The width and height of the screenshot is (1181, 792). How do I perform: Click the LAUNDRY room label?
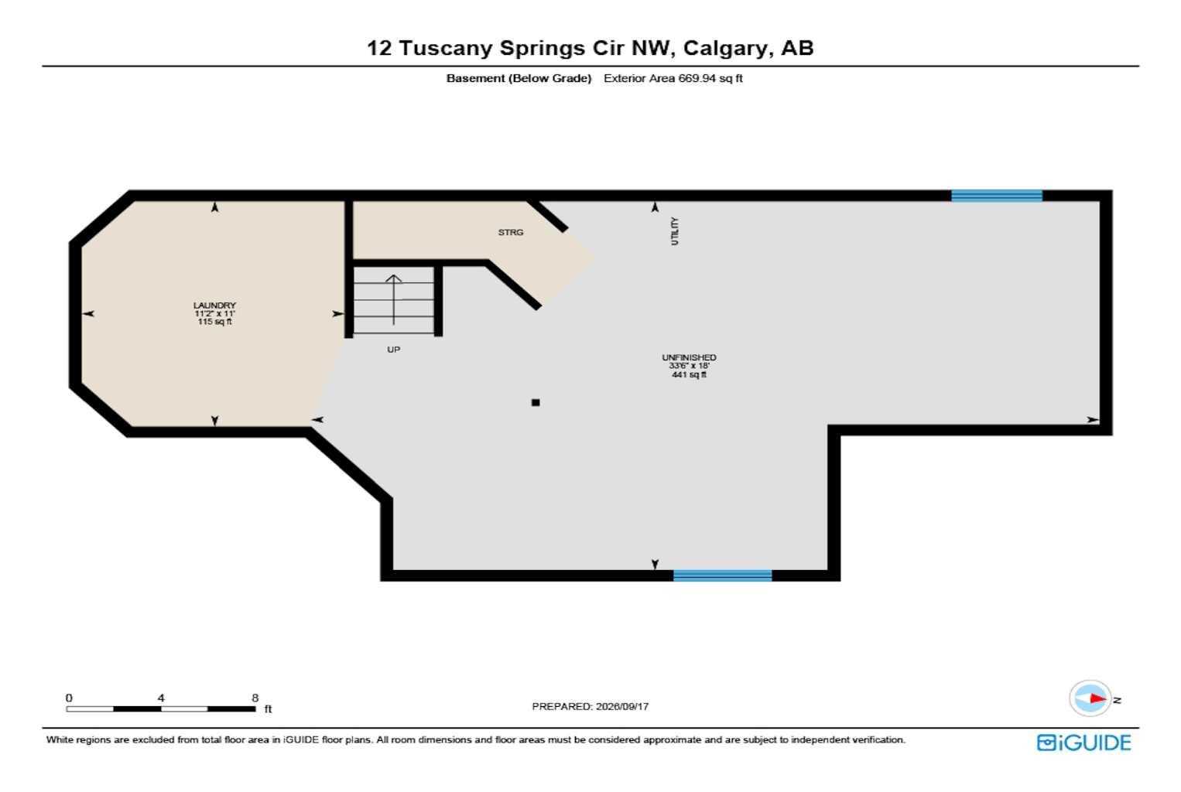click(214, 306)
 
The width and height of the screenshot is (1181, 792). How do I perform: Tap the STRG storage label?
click(511, 232)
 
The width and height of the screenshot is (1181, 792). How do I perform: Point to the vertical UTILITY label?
click(675, 231)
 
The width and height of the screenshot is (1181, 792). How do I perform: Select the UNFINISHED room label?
click(689, 358)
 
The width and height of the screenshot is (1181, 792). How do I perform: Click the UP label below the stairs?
click(394, 350)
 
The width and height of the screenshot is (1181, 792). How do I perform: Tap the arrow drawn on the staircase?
click(393, 299)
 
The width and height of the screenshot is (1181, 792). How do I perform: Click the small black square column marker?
click(536, 403)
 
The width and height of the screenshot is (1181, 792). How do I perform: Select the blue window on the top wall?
click(997, 196)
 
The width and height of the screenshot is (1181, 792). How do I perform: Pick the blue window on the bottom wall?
click(722, 575)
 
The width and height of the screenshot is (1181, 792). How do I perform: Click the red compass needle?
click(1098, 698)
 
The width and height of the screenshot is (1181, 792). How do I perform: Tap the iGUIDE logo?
click(1084, 743)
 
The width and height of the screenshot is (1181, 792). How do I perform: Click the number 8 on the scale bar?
click(255, 698)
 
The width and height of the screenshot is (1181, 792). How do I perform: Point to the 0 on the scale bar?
click(69, 698)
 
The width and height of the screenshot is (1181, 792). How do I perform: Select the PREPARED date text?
click(590, 707)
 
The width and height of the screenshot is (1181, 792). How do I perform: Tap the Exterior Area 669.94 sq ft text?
click(673, 79)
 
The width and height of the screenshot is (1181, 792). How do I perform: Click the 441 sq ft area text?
click(689, 374)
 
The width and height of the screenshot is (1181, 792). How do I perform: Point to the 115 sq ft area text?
click(214, 322)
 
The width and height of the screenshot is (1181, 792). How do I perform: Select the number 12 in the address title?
click(379, 49)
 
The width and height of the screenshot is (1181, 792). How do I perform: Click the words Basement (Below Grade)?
click(519, 79)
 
